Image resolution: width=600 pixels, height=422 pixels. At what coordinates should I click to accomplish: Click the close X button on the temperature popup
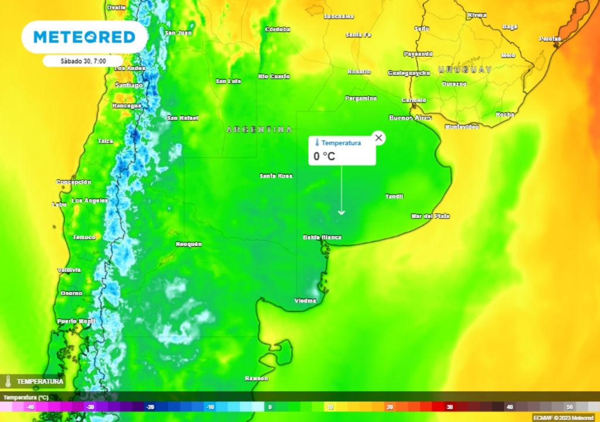[379, 138]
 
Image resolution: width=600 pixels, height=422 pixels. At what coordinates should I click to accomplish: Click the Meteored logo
[84, 37]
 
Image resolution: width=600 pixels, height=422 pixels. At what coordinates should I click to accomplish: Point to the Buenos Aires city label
[410, 118]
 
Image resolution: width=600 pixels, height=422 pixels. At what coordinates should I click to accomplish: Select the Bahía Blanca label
[322, 237]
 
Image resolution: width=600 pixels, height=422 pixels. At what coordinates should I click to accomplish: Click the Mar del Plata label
[430, 216]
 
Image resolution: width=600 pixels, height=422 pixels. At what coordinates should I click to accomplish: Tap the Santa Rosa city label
[277, 176]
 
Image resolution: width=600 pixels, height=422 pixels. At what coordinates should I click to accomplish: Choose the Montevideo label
[462, 127]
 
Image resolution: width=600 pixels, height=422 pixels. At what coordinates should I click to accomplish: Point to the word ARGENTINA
[259, 129]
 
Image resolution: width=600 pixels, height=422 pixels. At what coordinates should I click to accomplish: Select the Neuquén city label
[189, 244]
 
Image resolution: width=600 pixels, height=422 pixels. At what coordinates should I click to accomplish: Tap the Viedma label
[305, 301]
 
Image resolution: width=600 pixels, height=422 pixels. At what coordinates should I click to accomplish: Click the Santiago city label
[129, 85]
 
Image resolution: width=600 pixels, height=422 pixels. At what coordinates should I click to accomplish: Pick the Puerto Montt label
[76, 321]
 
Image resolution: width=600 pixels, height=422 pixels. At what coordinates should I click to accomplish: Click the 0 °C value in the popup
[324, 156]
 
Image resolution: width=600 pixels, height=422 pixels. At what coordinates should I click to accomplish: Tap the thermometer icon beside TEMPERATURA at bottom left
[8, 381]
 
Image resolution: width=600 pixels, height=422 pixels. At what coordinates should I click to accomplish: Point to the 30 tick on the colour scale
[449, 407]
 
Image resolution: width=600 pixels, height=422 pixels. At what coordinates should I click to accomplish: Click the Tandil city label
[394, 196]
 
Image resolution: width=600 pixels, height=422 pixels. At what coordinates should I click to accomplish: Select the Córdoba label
[278, 29]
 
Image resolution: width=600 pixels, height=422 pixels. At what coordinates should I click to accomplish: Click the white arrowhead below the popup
[342, 213]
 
